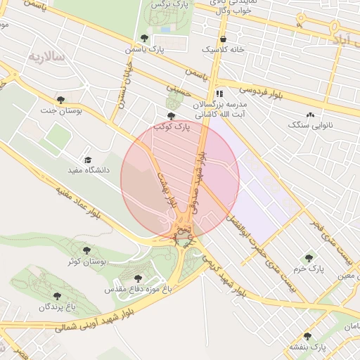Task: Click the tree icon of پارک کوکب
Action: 171,116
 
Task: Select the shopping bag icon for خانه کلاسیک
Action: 223,39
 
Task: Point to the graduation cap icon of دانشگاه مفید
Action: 88,160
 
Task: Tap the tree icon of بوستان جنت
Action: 60,99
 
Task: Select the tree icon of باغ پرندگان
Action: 57,296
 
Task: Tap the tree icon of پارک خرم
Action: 308,258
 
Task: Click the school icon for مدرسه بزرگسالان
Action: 219,93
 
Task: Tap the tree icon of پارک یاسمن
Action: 144,39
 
